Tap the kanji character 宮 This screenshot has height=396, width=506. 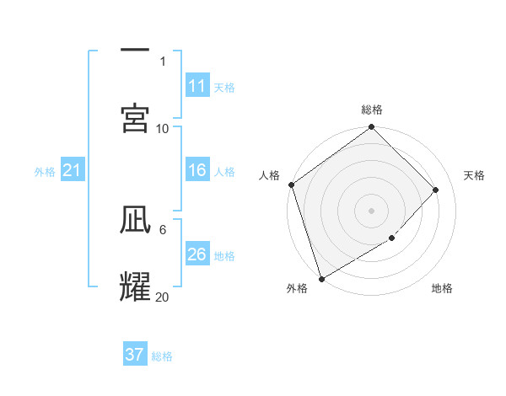click(135, 118)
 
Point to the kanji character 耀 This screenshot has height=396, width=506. click(135, 287)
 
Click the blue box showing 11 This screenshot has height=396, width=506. click(197, 86)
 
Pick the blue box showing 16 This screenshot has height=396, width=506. click(197, 170)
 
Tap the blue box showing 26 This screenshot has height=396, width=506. click(197, 254)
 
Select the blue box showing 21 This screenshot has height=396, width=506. click(73, 170)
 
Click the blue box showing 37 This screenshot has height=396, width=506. click(135, 355)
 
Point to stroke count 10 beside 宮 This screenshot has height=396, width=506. click(163, 128)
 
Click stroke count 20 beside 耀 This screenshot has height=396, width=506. click(163, 297)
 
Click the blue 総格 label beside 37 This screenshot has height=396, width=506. click(162, 356)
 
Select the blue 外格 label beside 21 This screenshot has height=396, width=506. click(45, 172)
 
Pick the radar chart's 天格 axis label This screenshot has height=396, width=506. click(474, 175)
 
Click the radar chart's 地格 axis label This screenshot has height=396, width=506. click(442, 289)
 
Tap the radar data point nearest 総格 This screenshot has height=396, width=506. click(371, 128)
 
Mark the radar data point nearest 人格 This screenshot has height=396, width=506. click(291, 185)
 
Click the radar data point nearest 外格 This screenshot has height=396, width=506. click(320, 278)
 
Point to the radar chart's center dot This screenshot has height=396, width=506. click(371, 210)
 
